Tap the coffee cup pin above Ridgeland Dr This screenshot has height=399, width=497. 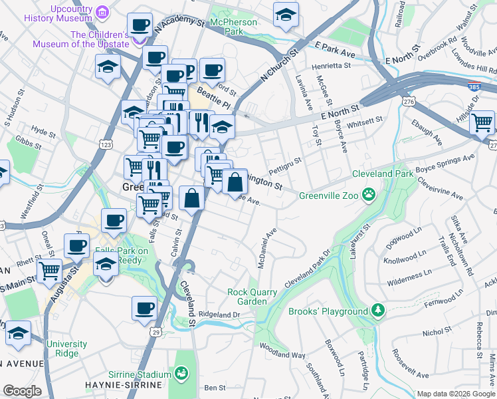145,309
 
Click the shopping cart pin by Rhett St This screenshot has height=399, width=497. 49,271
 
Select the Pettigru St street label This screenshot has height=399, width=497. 286,162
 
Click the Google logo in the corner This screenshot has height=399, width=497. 22,392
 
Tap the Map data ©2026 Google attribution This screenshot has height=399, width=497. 456,394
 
